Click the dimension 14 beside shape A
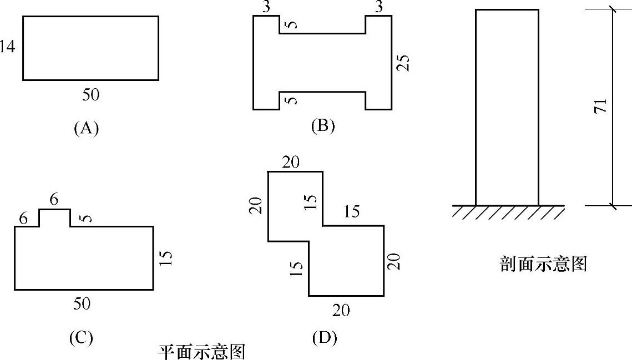[7, 48]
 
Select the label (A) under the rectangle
[86, 128]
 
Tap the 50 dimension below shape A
[91, 95]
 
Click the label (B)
[323, 126]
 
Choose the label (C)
[81, 337]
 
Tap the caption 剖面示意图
[543, 264]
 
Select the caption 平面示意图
[201, 352]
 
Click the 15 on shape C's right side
[166, 258]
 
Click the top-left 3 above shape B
[266, 7]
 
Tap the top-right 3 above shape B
[380, 7]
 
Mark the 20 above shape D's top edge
[291, 163]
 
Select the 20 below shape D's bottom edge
[341, 310]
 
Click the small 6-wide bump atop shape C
[54, 217]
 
